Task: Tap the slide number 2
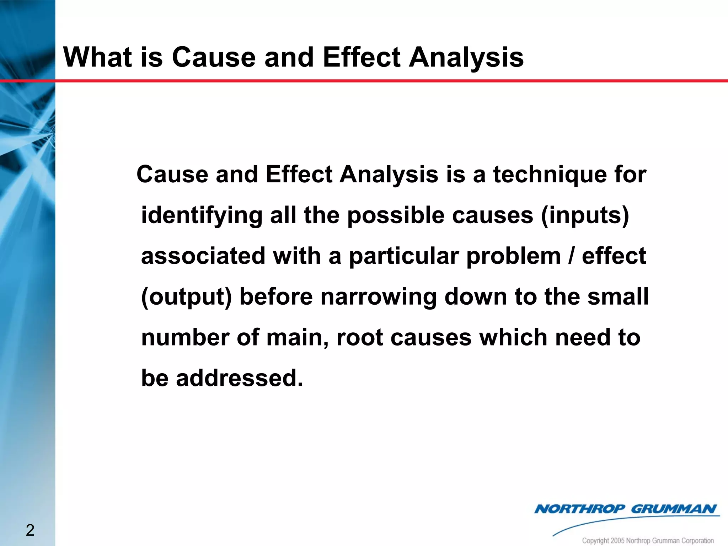pyautogui.click(x=30, y=530)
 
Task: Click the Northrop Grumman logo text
pyautogui.click(x=625, y=509)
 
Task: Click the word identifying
pyautogui.click(x=202, y=215)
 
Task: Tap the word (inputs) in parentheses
pyautogui.click(x=585, y=215)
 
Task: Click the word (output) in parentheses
pyautogui.click(x=186, y=297)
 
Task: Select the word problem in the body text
pyautogui.click(x=513, y=256)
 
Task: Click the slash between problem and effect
pyautogui.click(x=571, y=256)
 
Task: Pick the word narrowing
pyautogui.click(x=378, y=297)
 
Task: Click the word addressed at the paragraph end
pyautogui.click(x=240, y=378)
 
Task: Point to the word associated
pyautogui.click(x=203, y=256)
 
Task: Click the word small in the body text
pyautogui.click(x=618, y=297)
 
